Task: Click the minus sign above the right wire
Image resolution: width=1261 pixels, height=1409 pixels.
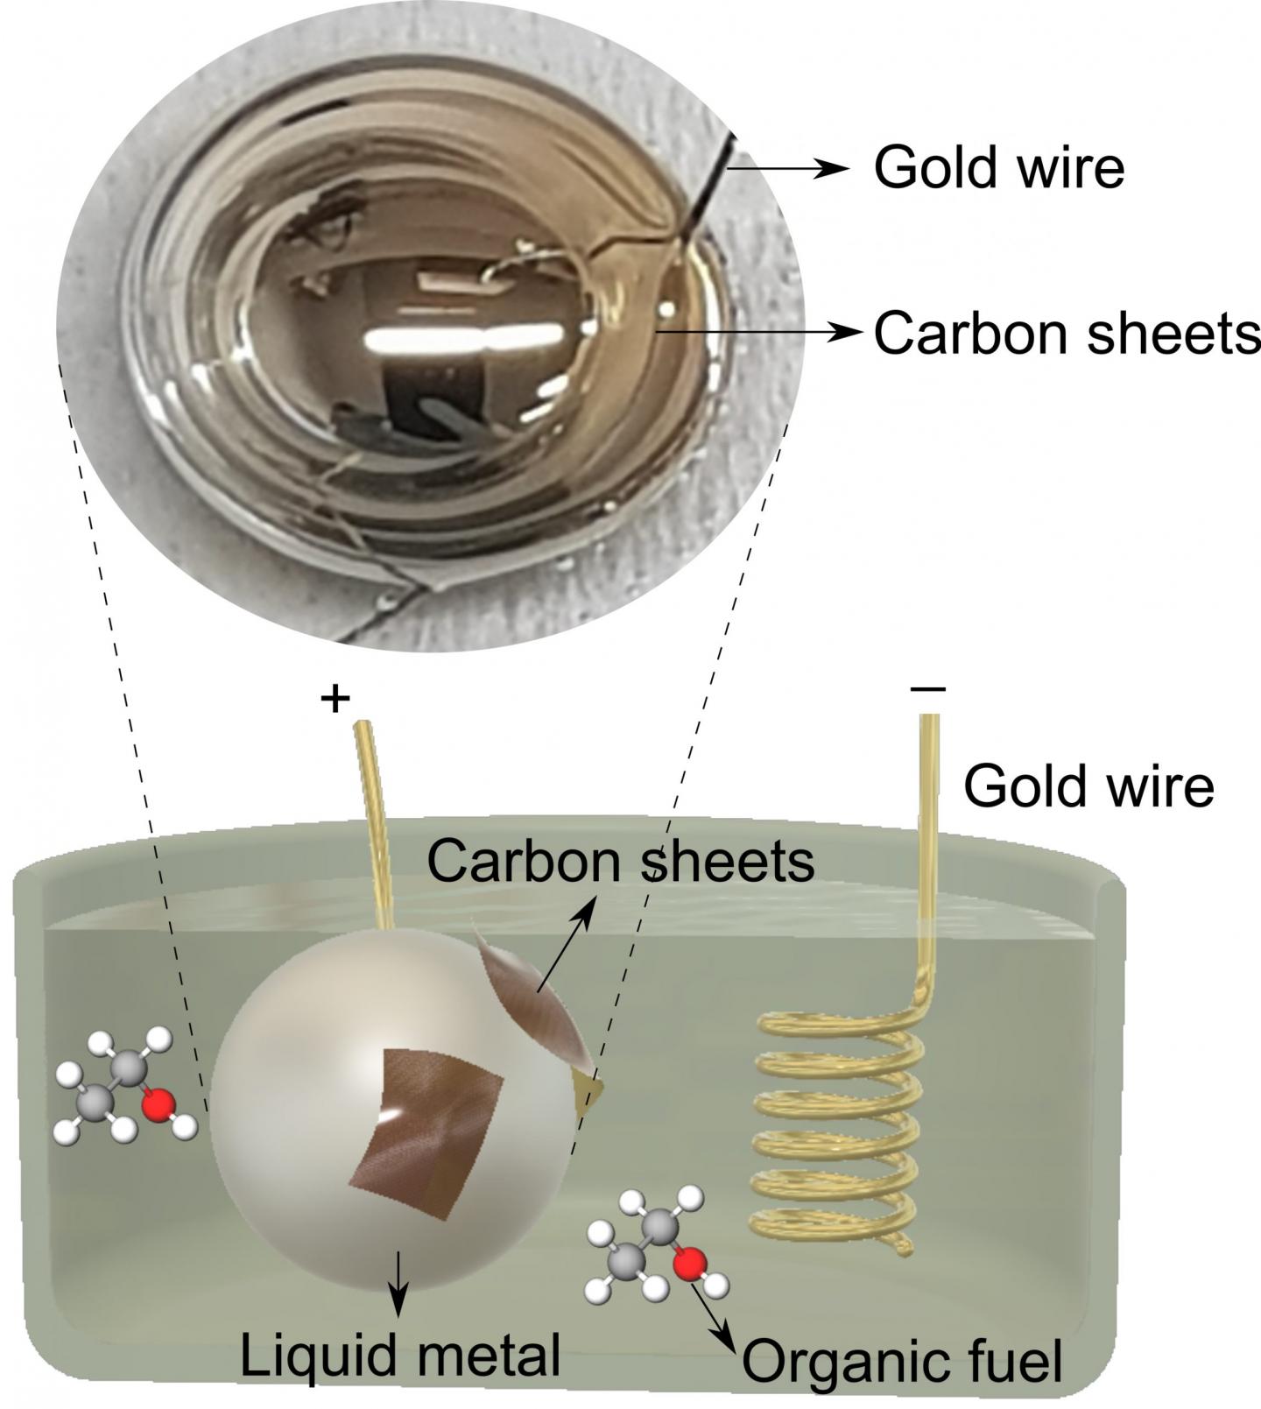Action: [928, 689]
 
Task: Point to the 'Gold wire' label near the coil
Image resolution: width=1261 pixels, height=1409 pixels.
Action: [1088, 786]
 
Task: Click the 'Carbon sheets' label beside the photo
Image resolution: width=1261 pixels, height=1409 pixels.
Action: [1067, 333]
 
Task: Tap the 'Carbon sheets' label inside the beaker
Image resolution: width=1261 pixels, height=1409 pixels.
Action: [621, 861]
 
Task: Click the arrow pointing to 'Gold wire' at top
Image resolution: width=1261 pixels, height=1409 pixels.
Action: [788, 168]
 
